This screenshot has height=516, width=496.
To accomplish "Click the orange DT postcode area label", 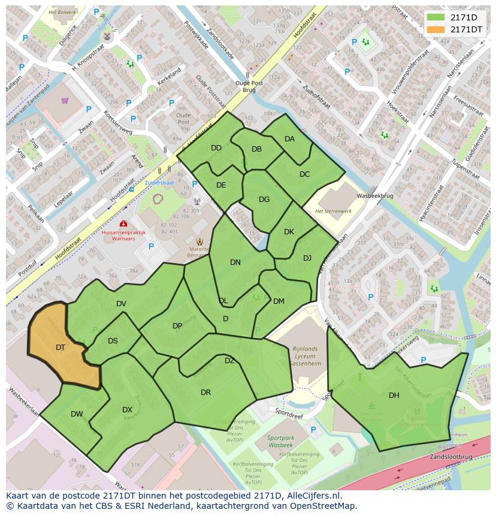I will (61, 348).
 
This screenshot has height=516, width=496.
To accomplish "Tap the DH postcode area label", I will (394, 395).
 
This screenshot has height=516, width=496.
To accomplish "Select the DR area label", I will (205, 393).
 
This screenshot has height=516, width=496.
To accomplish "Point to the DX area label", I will (127, 410).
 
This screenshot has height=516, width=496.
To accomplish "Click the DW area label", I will (77, 414).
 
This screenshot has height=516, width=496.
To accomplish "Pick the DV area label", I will (121, 304).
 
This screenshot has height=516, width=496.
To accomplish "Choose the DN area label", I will (235, 262).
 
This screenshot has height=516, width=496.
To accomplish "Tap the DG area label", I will (264, 200).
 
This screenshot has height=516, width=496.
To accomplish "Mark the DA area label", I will (289, 139).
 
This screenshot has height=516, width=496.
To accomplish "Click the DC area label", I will (304, 174).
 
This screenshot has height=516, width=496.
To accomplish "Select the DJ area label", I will (307, 258).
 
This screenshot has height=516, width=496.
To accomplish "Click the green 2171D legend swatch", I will (436, 17).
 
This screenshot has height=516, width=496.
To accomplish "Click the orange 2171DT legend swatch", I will (436, 29).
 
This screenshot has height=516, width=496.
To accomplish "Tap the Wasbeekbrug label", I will (374, 196).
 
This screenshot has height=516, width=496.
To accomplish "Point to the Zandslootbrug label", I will (450, 457).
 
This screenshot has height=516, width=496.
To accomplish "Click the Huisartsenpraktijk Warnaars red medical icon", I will (123, 224).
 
